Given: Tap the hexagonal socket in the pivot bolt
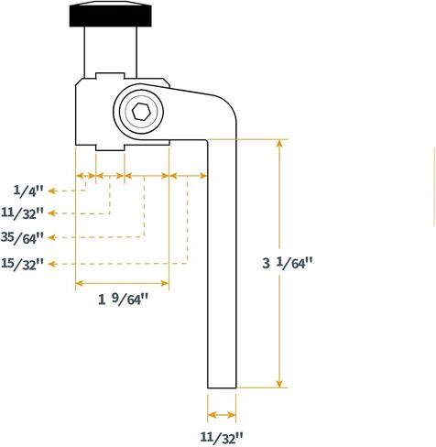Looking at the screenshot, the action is pos(141,112).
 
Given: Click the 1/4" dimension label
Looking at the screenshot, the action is pos(28,191).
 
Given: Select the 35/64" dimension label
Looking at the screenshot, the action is pos(22,237).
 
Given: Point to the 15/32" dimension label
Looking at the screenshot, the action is pos(22,264).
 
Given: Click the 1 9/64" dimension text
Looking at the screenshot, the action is pos(123,299).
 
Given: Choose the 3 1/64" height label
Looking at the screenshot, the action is pos(288,263).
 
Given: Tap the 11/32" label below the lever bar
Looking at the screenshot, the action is pos(222,438).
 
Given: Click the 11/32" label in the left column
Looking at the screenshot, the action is pos(22,213).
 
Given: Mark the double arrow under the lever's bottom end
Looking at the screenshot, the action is pos(222,415).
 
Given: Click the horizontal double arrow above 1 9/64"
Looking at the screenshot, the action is pos(122,283).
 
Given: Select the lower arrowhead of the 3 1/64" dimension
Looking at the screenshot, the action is pos(279,383).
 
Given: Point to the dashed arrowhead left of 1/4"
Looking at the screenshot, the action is pos(52,191).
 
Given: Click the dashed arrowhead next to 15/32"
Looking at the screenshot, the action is pos(52,264).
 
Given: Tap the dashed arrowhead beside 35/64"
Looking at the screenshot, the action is pos(52,237).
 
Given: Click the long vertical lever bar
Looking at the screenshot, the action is pos(222,264).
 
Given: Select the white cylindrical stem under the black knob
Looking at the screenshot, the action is pos(111,52).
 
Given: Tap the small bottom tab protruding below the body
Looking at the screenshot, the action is pos(110,147).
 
